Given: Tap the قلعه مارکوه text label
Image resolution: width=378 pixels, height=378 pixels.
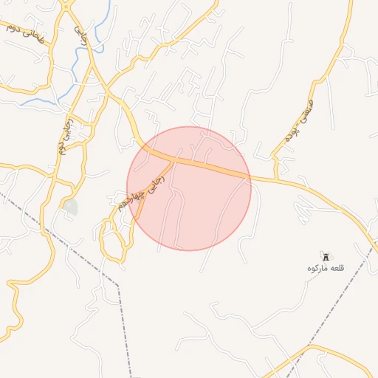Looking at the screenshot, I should pyautogui.click(x=326, y=267).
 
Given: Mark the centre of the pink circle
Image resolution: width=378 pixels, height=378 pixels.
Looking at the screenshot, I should pyautogui.click(x=189, y=188).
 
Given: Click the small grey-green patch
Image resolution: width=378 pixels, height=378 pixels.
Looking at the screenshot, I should pyautogui.click(x=70, y=207).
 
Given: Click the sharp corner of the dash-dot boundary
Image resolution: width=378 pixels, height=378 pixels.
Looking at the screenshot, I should pyautogui.click(x=118, y=284).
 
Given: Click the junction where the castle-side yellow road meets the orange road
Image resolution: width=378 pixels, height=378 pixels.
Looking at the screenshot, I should pyautogui.click(x=277, y=178).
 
